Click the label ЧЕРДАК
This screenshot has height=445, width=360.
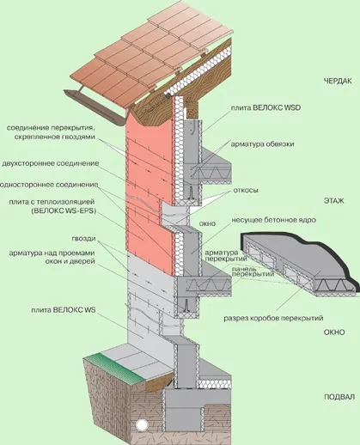338,81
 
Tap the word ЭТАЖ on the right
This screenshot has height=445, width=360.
334,201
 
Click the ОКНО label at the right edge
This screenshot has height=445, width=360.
334,332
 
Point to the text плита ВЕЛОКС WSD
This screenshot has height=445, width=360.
266,107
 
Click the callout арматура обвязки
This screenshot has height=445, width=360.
262,144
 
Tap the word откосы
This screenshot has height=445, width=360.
246,190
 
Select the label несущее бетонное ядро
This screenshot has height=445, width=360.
274,220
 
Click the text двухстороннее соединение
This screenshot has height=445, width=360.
51,163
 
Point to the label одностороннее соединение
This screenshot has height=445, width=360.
49,185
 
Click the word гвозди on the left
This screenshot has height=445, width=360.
83,239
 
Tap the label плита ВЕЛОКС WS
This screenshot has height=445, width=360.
64,310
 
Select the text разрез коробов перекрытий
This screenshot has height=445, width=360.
273,318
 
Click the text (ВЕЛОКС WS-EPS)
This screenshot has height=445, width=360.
63,211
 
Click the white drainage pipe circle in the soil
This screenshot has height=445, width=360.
142,424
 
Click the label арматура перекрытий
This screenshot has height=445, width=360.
226,256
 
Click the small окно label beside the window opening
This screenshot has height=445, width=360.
207,223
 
